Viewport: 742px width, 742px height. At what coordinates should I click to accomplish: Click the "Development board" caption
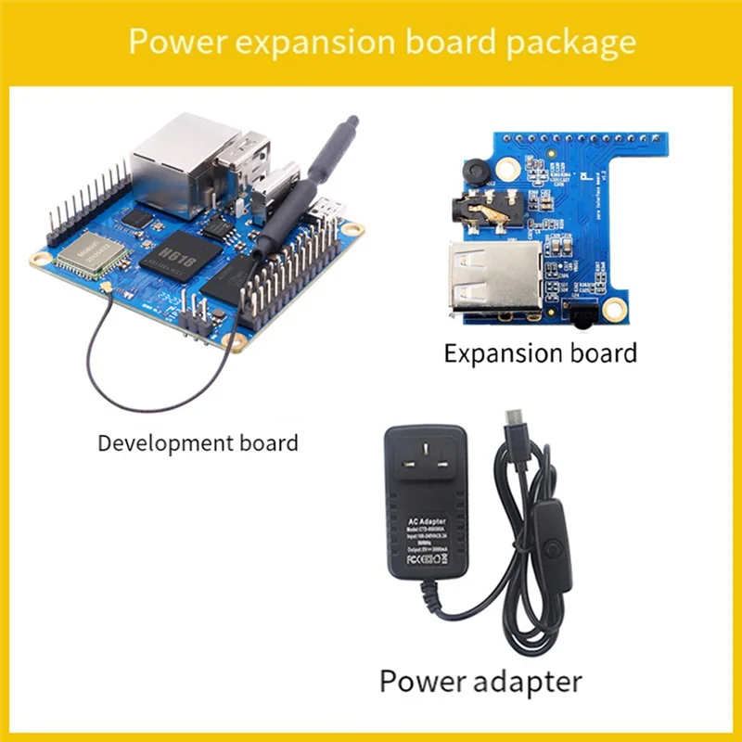click(198, 442)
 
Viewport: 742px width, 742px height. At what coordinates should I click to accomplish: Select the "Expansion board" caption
click(541, 353)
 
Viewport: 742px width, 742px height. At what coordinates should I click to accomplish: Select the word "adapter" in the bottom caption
click(521, 682)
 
